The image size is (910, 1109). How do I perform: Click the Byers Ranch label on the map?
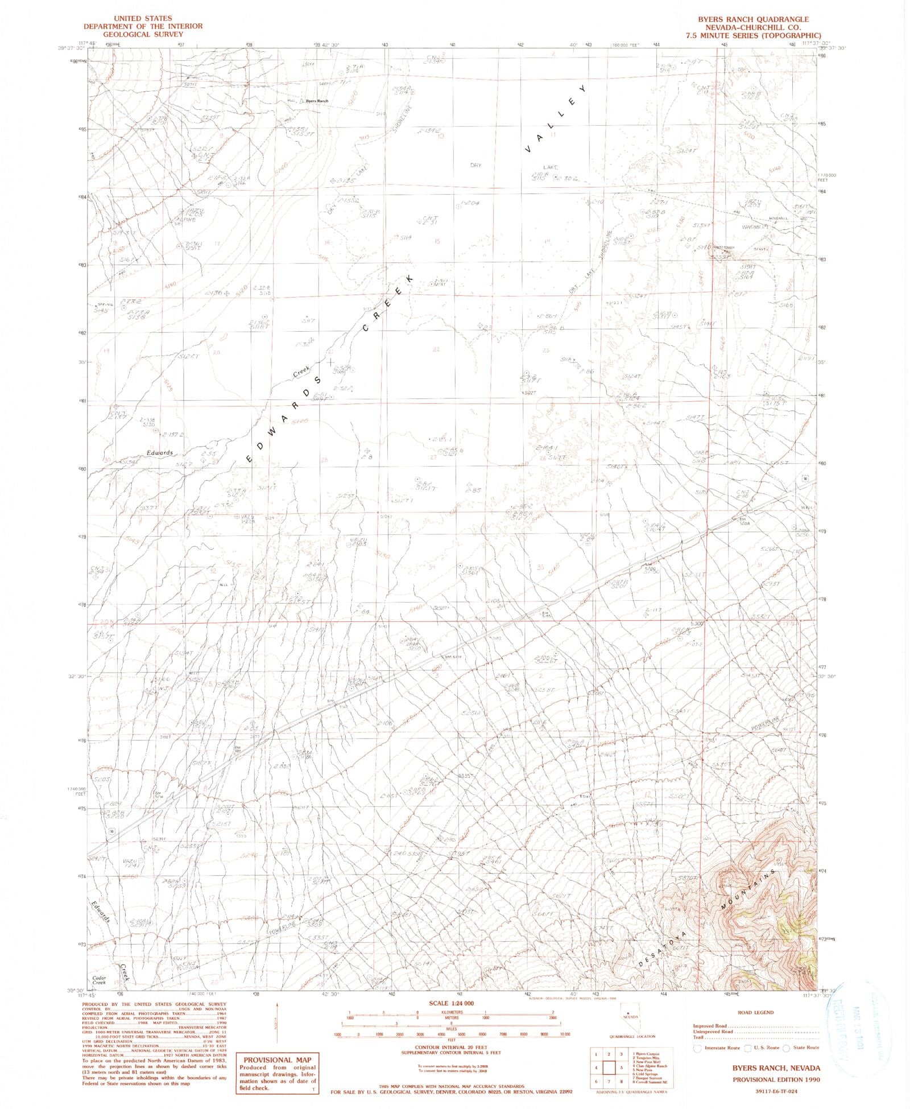click(x=317, y=101)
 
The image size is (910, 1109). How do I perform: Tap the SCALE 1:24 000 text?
click(x=452, y=1003)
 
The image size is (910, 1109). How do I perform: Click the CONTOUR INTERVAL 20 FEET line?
click(x=452, y=1047)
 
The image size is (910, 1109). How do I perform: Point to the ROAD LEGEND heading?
click(x=755, y=1012)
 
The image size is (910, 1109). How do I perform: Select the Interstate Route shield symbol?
click(x=697, y=1048)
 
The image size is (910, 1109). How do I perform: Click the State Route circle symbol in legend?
click(x=786, y=1048)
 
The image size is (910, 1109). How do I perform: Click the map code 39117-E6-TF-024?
click(x=776, y=1090)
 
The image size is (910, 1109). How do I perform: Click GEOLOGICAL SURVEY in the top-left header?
click(x=143, y=34)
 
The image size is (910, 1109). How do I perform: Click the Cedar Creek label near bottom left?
click(x=100, y=980)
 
